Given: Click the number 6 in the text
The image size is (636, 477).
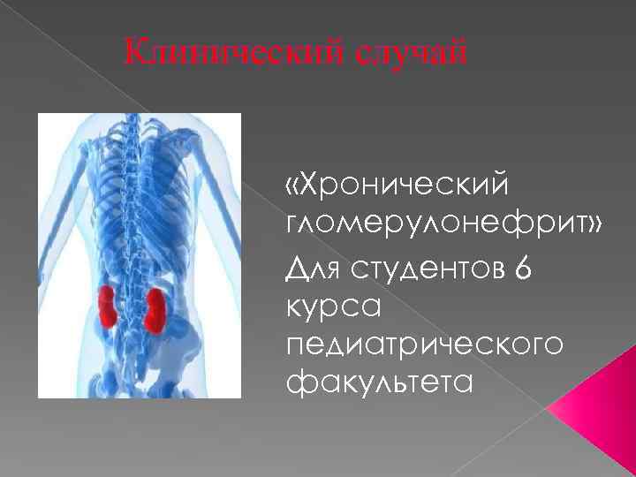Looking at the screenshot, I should click(519, 266).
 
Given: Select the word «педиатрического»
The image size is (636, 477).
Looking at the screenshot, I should click(424, 344).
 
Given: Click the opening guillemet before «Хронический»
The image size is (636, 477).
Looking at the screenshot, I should click(292, 187).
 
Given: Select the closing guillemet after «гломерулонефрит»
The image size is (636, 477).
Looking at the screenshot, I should click(591, 224).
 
